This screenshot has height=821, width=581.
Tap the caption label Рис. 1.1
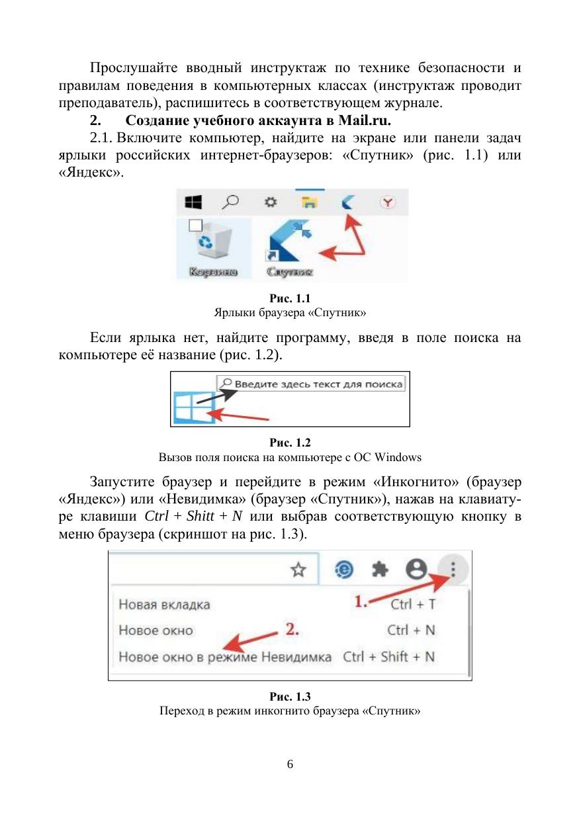290,298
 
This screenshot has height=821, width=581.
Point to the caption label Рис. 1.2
290,443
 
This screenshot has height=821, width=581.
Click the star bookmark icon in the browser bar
299,569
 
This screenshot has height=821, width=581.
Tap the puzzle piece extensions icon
379,569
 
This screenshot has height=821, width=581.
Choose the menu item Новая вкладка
164,604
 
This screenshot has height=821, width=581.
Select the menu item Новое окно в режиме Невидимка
225,657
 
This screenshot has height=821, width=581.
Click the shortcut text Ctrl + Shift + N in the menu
389,657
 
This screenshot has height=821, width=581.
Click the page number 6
290,765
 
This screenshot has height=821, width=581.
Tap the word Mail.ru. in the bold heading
365,122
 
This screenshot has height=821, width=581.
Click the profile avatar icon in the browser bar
416,569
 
